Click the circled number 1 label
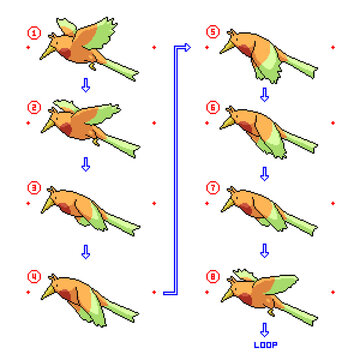click(34, 32)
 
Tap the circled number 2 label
click(34, 107)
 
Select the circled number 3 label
click(34, 186)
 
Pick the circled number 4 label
click(34, 267)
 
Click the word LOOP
click(265, 345)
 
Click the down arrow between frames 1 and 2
click(85, 86)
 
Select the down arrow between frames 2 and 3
click(85, 164)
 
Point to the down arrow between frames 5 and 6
click(264, 94)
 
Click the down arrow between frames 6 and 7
click(264, 172)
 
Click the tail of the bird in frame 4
click(124, 304)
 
